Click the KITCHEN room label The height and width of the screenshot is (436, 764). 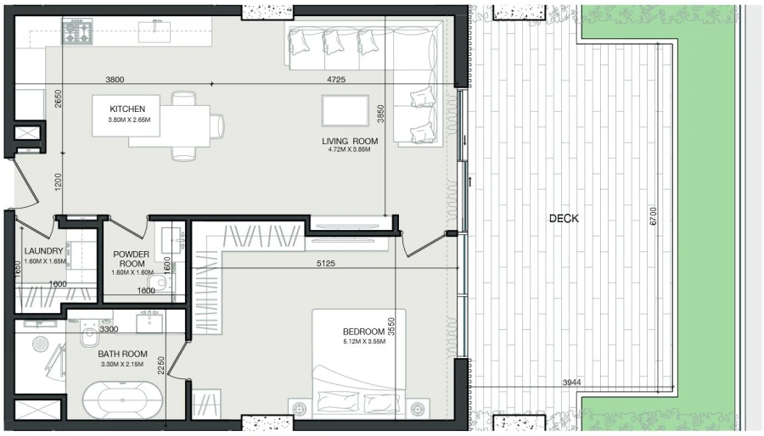pos(127,109)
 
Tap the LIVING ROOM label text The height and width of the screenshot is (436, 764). pos(349,141)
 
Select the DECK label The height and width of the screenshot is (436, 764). pos(564,218)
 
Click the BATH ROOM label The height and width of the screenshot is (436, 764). pos(122,354)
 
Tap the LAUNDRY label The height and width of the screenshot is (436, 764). pos(44,251)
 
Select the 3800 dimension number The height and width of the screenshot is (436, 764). pos(115,80)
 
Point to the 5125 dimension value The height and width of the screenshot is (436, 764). pos(326,264)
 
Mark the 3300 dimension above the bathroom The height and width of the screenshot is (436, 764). pos(108,328)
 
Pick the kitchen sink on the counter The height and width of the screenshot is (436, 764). pos(156,31)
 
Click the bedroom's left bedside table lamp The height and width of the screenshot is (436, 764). pos(299,409)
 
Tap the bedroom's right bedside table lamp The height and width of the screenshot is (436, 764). pos(417,409)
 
